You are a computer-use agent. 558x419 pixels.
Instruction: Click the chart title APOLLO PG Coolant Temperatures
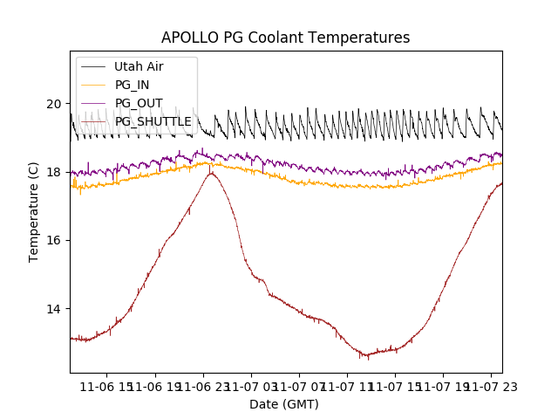(285, 38)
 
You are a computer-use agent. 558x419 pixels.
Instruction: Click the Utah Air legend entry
(139, 66)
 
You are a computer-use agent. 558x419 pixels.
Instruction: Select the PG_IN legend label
(132, 85)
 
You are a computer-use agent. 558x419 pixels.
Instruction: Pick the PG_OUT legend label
(139, 103)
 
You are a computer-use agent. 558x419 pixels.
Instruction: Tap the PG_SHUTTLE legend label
(153, 121)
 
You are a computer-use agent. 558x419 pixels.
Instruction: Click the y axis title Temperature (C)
(34, 211)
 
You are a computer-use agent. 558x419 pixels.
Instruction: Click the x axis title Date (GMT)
(284, 404)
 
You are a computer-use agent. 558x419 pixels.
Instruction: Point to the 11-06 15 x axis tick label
(105, 386)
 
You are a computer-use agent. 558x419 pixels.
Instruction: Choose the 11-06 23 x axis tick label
(202, 386)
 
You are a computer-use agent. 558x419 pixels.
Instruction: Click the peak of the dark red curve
(210, 173)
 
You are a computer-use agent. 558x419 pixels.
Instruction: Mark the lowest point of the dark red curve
(367, 358)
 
